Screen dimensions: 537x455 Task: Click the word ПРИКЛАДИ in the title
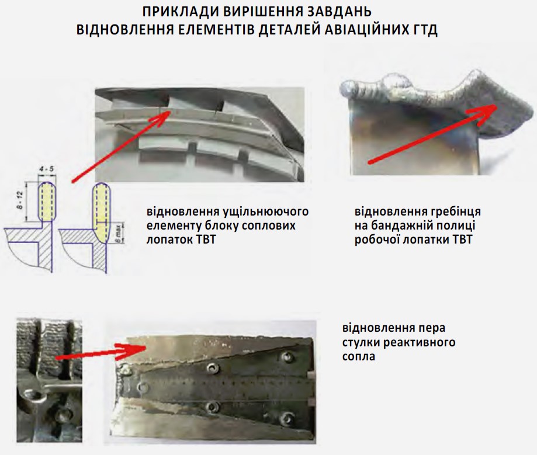click(181, 12)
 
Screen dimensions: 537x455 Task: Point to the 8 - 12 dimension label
click(20, 200)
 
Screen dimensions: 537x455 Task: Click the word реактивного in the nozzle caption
click(419, 342)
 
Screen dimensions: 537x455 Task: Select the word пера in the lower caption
click(431, 328)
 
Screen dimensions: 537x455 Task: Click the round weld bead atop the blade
click(397, 82)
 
